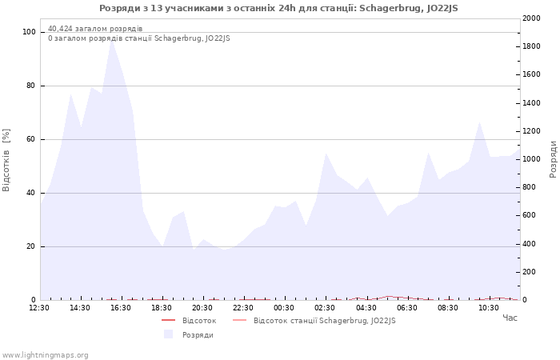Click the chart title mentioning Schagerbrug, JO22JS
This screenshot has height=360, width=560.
[x=278, y=8]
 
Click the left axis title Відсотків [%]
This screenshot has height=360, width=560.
[x=7, y=160]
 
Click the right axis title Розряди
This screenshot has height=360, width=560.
[x=553, y=158]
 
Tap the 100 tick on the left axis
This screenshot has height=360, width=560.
[x=29, y=32]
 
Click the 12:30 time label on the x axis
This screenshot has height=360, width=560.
[x=39, y=308]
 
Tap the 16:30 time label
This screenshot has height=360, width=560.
[x=121, y=308]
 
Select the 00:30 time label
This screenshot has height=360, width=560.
[x=284, y=308]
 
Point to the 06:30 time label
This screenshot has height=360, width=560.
[x=406, y=308]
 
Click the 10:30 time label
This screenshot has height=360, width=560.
[x=488, y=308]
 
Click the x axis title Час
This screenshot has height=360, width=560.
[x=510, y=318]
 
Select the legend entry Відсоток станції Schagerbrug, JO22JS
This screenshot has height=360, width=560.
[x=324, y=321]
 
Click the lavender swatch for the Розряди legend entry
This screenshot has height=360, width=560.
[x=168, y=334]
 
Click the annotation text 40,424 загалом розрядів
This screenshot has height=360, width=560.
[x=95, y=29]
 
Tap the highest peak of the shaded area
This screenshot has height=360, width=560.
[x=112, y=40]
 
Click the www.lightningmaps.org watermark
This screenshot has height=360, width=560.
[x=46, y=355]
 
